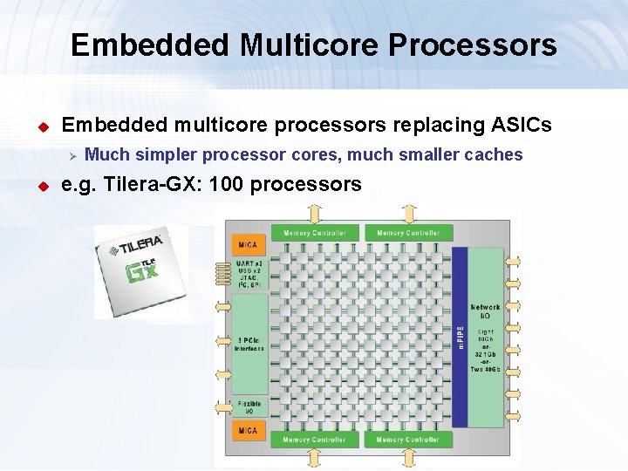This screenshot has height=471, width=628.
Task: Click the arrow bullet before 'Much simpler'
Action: pyautogui.click(x=74, y=155)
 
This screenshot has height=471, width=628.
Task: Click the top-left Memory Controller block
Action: pyautogui.click(x=315, y=233)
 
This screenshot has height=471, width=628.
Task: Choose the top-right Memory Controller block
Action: pyautogui.click(x=408, y=233)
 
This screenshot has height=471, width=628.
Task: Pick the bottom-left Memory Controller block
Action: pyautogui.click(x=315, y=440)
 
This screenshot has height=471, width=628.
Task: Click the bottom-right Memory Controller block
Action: pyautogui.click(x=408, y=440)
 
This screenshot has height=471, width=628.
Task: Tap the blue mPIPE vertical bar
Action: pyautogui.click(x=460, y=337)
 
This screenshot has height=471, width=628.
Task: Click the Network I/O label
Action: pyautogui.click(x=486, y=311)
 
